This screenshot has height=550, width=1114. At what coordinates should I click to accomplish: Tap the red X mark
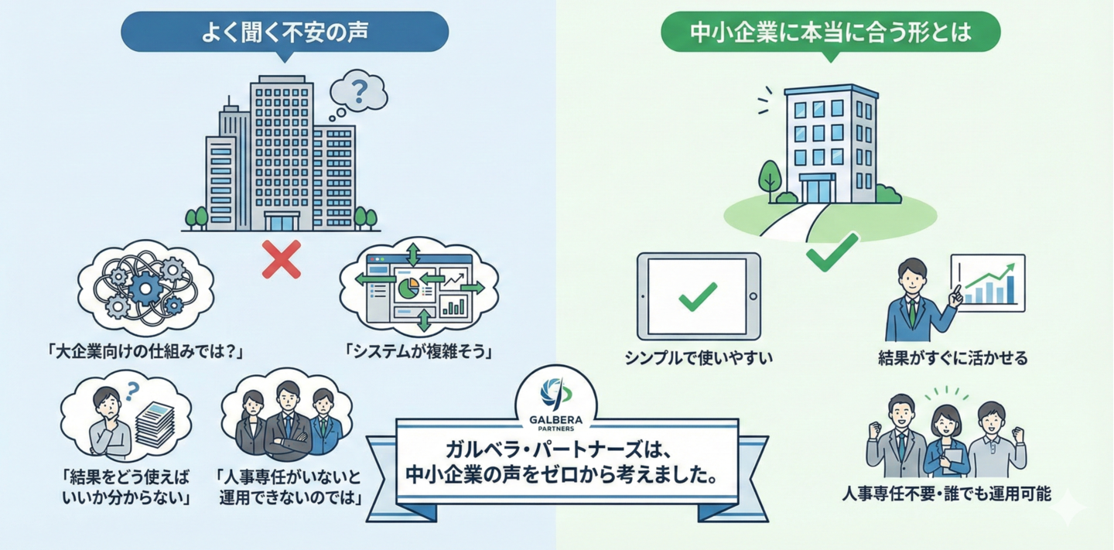tap(282, 258)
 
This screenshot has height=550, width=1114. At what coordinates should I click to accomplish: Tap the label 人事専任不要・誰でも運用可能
tap(946, 494)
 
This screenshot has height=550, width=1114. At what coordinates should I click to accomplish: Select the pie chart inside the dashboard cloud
tap(408, 291)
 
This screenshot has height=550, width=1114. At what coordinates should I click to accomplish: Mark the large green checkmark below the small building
tap(832, 251)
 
